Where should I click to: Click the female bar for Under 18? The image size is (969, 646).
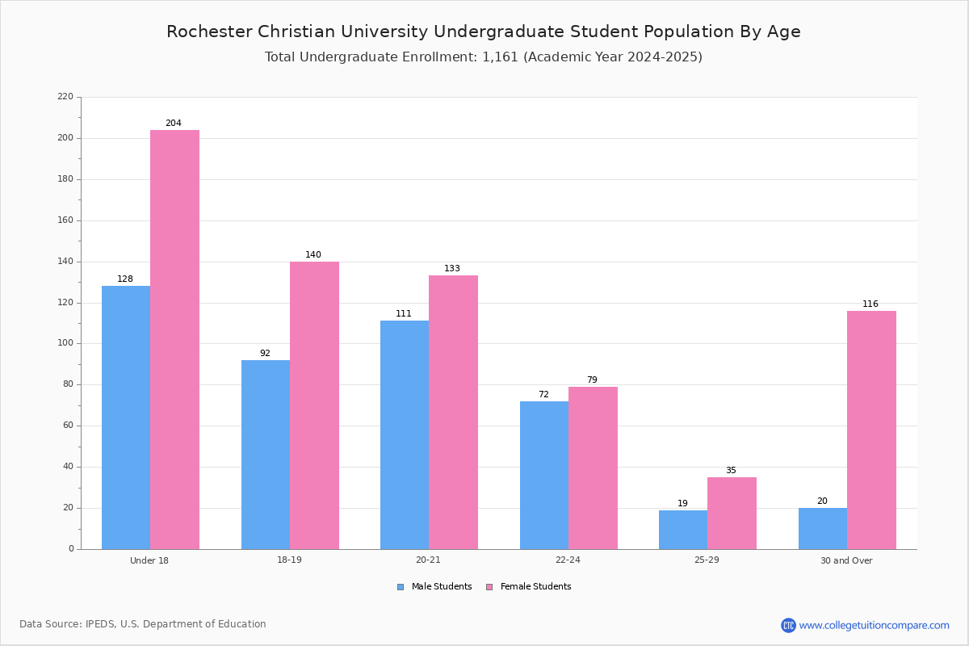174,340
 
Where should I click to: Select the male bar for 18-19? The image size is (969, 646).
266,455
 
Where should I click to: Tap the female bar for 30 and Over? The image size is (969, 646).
871,430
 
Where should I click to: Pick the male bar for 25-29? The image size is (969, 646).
683,530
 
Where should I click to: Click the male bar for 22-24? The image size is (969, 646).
544,476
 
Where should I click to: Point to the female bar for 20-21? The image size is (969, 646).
453,413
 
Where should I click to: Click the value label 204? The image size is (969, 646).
174,123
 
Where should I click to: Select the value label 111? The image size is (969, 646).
404,313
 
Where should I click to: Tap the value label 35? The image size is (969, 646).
731,470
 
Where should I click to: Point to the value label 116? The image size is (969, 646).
870,304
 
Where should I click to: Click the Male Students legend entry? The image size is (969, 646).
434,587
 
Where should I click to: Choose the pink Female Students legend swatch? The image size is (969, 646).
489,587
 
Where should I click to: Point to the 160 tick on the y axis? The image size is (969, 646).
79,220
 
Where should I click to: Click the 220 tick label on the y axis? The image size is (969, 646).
65,96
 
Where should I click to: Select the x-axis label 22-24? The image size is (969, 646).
568,560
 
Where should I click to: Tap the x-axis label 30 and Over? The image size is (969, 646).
846,560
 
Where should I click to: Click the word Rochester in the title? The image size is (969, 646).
209,31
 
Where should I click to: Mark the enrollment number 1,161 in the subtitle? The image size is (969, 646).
500,57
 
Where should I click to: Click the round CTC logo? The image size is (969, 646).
788,625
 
